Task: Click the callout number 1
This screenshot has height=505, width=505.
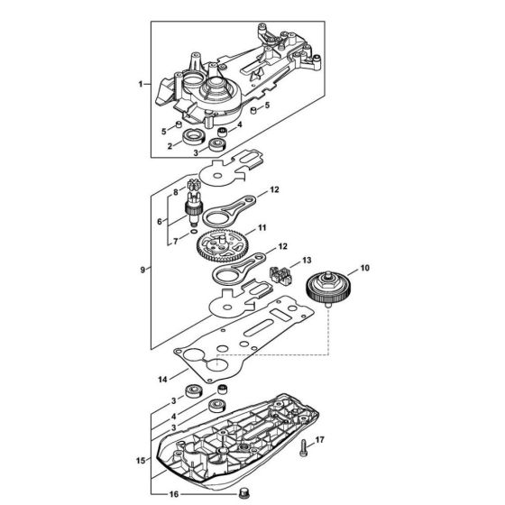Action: click(140, 83)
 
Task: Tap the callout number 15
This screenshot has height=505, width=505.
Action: click(139, 461)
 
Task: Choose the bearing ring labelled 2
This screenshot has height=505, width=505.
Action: click(192, 137)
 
